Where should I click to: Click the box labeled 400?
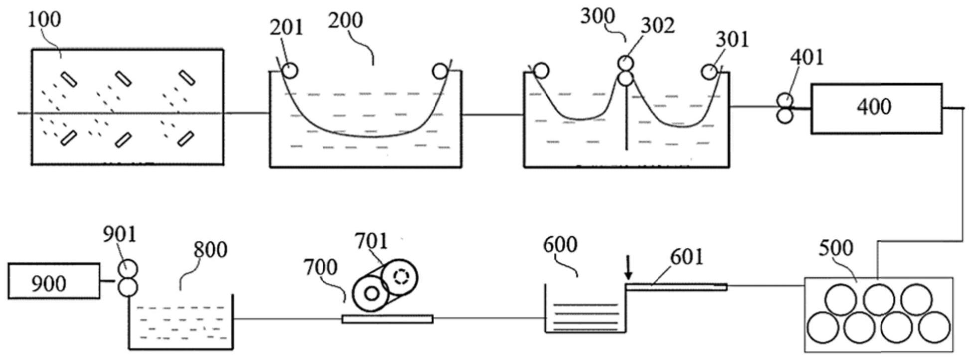click(x=876, y=109)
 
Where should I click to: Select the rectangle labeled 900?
click(x=53, y=282)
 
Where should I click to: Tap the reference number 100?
click(x=44, y=19)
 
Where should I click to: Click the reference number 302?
click(x=657, y=25)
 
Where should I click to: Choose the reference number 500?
click(x=836, y=248)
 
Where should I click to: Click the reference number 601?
click(x=686, y=257)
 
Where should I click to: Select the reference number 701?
click(x=371, y=241)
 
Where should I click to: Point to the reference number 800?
click(x=210, y=249)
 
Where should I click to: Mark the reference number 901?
click(x=120, y=234)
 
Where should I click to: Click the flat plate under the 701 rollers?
click(x=387, y=319)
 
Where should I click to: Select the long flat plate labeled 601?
click(x=676, y=287)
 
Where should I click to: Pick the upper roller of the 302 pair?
click(x=626, y=63)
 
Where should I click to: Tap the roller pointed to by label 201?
click(x=290, y=71)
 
